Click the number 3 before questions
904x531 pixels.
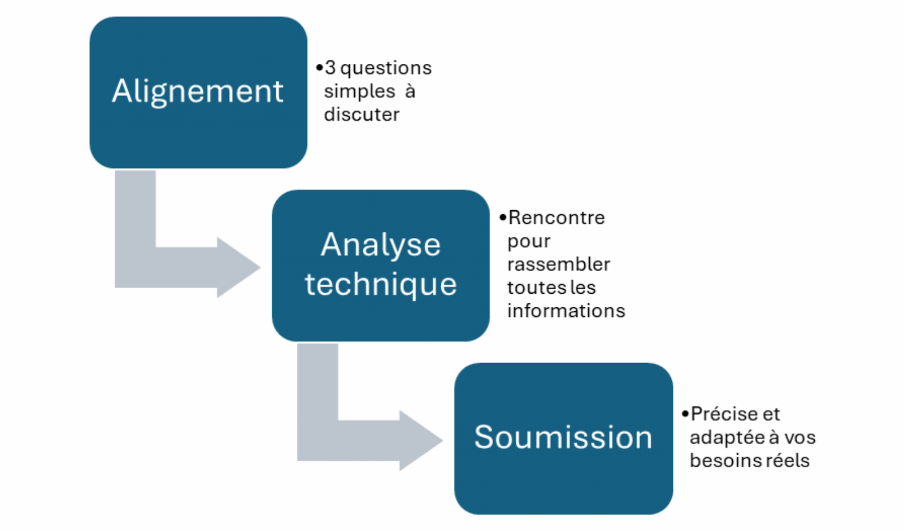(x=330, y=68)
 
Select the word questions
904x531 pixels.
(x=386, y=68)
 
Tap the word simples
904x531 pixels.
(x=359, y=91)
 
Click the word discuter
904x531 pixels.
(x=362, y=115)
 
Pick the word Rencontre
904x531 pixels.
(x=557, y=217)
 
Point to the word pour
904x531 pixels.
(x=528, y=242)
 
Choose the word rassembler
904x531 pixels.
(x=558, y=264)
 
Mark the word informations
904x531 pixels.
(x=566, y=311)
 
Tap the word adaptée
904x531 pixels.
(x=727, y=437)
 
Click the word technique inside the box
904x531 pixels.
(x=380, y=284)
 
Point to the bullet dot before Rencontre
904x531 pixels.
(x=502, y=217)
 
